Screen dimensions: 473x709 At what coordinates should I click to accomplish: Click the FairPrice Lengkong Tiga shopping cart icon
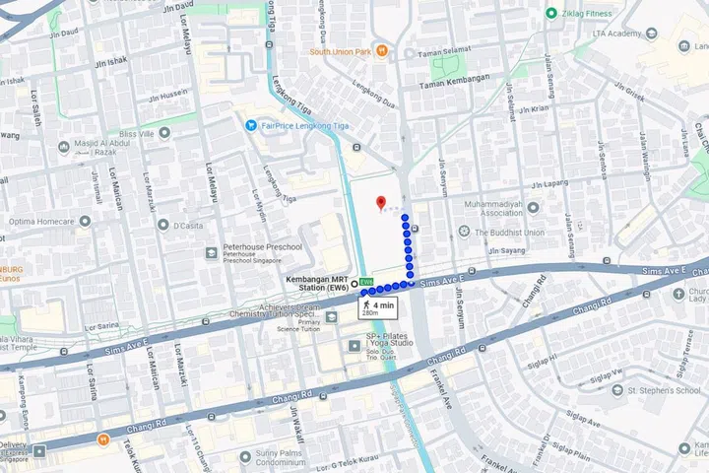(x=252, y=125)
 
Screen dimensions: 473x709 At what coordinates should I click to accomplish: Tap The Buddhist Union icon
(x=464, y=233)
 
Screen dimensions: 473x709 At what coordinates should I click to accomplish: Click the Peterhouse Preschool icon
(x=212, y=253)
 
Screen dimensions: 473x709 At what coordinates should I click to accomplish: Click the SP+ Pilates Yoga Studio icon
(x=356, y=344)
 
